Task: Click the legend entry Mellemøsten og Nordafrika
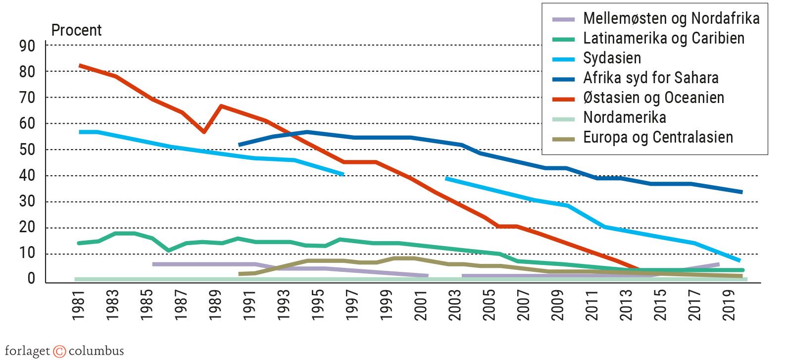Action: (x=671, y=19)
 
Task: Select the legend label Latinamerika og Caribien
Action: (x=663, y=39)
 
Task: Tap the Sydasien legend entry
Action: (x=612, y=58)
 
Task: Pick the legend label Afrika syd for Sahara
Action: (x=650, y=78)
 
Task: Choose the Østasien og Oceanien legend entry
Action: (x=653, y=98)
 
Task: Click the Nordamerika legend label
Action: (x=624, y=118)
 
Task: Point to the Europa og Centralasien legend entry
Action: (x=658, y=138)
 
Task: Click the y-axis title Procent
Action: (x=76, y=31)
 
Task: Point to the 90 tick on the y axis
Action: (x=27, y=46)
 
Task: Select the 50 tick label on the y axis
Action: (x=27, y=150)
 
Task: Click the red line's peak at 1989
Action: (x=221, y=106)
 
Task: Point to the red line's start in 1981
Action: (x=80, y=65)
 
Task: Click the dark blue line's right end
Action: (x=741, y=192)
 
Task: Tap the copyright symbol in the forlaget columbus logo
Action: (x=59, y=352)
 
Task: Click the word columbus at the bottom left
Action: (x=96, y=352)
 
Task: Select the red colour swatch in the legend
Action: (x=563, y=99)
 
